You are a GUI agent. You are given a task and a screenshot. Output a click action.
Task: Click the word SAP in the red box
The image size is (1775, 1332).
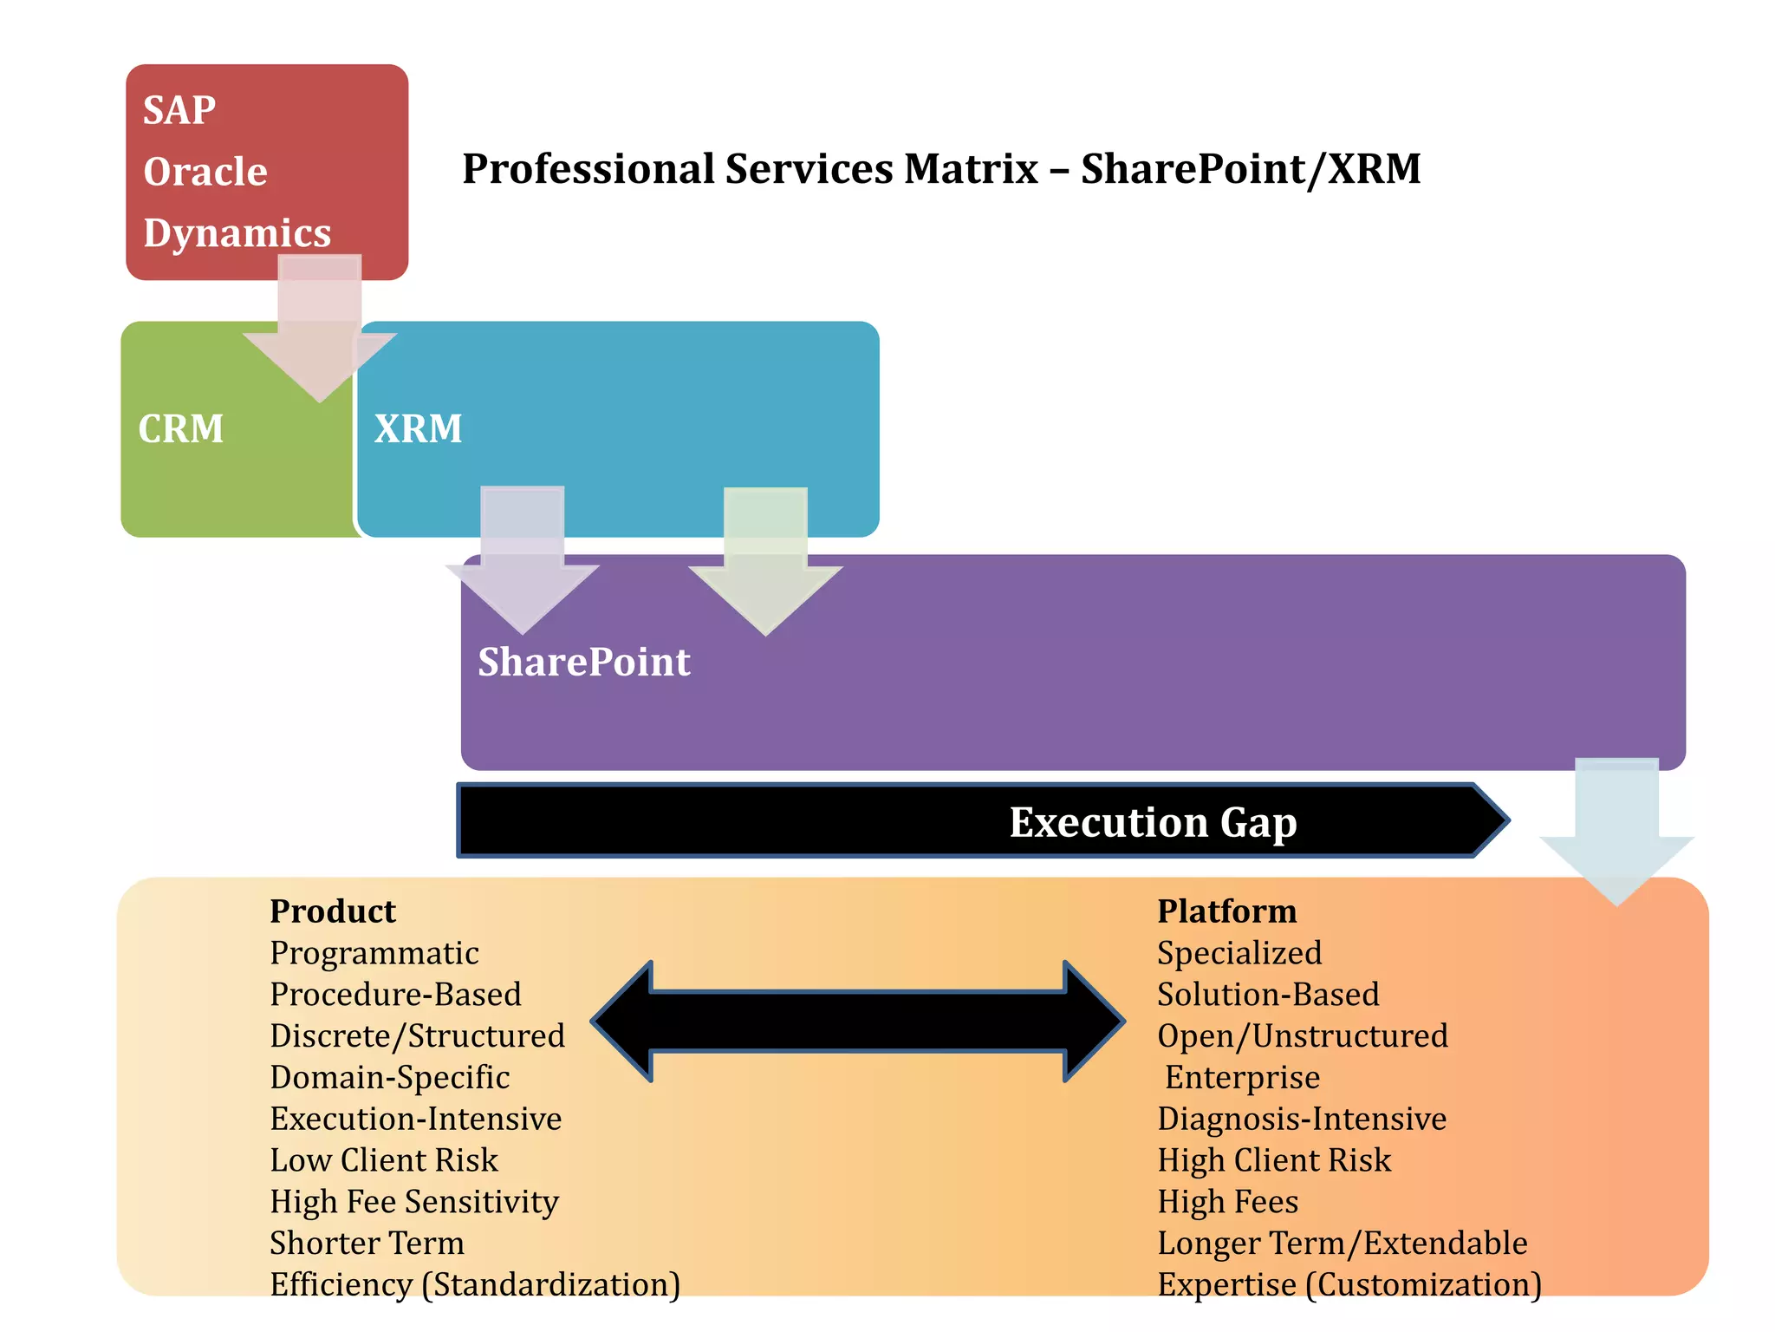pos(179,110)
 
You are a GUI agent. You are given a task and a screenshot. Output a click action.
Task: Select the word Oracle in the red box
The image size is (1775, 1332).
pos(205,172)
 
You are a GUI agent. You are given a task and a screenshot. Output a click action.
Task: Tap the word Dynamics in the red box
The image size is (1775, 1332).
pos(237,232)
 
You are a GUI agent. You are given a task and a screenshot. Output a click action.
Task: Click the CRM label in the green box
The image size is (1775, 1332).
pos(180,428)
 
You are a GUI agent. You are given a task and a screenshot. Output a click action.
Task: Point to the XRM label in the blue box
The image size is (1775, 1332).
pos(418,428)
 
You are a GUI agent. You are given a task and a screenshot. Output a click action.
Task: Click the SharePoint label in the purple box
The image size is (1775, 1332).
pos(583,662)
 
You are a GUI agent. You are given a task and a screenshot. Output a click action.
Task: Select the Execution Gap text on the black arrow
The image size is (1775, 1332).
pos(1152,821)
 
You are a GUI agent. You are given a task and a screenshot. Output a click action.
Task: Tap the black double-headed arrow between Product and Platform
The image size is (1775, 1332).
pos(858,1022)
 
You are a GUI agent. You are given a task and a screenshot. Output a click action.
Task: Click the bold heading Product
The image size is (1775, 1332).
pos(332,911)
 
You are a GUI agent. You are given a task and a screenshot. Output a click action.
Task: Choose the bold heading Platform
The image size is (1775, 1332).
pos(1226,911)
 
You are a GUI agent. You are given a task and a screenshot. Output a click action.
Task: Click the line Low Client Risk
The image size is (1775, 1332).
pos(383,1160)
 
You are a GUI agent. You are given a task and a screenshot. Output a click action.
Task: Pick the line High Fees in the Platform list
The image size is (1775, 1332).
pos(1227,1202)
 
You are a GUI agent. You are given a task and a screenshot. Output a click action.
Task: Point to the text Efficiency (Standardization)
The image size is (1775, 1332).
pos(474,1284)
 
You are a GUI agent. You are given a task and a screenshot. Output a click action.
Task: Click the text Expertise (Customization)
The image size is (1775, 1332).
pos(1349,1284)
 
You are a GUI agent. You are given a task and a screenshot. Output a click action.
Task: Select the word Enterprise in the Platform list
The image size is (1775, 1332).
pos(1241,1077)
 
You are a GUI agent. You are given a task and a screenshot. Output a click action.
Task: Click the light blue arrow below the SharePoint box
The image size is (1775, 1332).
pos(1616,832)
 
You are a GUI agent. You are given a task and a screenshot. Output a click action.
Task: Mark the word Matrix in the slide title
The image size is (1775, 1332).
pos(970,168)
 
